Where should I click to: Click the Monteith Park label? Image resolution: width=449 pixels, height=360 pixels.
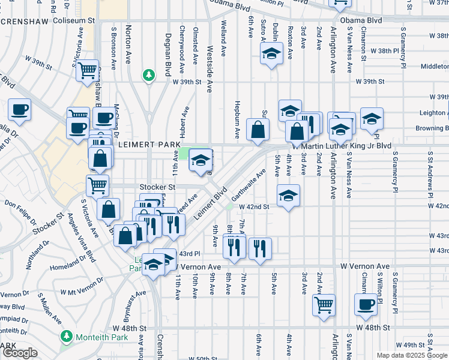click(x=98, y=337)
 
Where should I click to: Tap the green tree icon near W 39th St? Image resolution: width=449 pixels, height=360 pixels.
click(x=148, y=75)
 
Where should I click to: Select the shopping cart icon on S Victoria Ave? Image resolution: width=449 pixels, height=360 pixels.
click(x=88, y=70)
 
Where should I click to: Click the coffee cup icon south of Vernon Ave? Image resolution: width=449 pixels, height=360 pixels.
click(x=365, y=304)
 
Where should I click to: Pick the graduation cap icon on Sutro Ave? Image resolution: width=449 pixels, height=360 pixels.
click(x=271, y=54)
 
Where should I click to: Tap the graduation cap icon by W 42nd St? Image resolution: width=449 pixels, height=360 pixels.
click(x=288, y=196)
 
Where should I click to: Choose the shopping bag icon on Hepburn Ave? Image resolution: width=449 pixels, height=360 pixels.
click(x=258, y=129)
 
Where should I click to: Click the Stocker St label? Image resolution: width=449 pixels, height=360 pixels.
click(x=157, y=187)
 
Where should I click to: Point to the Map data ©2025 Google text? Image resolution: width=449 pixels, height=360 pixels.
click(x=412, y=355)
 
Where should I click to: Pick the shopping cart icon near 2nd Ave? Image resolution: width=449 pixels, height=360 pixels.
click(x=324, y=304)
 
